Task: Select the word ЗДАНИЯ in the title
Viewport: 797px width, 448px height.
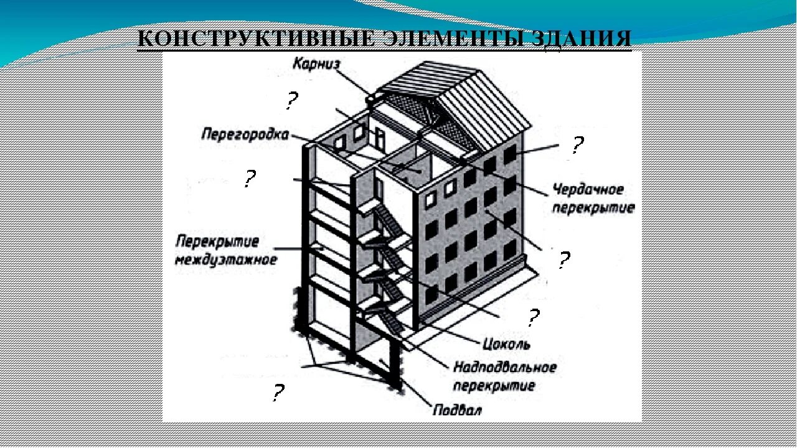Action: [x=580, y=39]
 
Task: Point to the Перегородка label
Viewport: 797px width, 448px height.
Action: [x=245, y=134]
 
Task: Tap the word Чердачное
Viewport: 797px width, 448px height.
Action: [x=588, y=189]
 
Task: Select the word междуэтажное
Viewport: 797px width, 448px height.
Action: [x=226, y=258]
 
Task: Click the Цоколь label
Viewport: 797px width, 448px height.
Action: [x=506, y=343]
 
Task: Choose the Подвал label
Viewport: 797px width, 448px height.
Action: [x=457, y=410]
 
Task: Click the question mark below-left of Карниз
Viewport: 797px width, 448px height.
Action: [x=291, y=101]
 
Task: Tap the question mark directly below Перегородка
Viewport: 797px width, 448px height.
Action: [x=249, y=179]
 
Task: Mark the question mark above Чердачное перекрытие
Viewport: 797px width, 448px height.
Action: [x=577, y=146]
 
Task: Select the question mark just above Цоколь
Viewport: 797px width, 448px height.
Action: [x=533, y=319]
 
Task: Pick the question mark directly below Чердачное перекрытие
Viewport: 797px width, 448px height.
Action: [x=563, y=259]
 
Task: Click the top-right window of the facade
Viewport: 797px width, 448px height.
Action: [x=510, y=154]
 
